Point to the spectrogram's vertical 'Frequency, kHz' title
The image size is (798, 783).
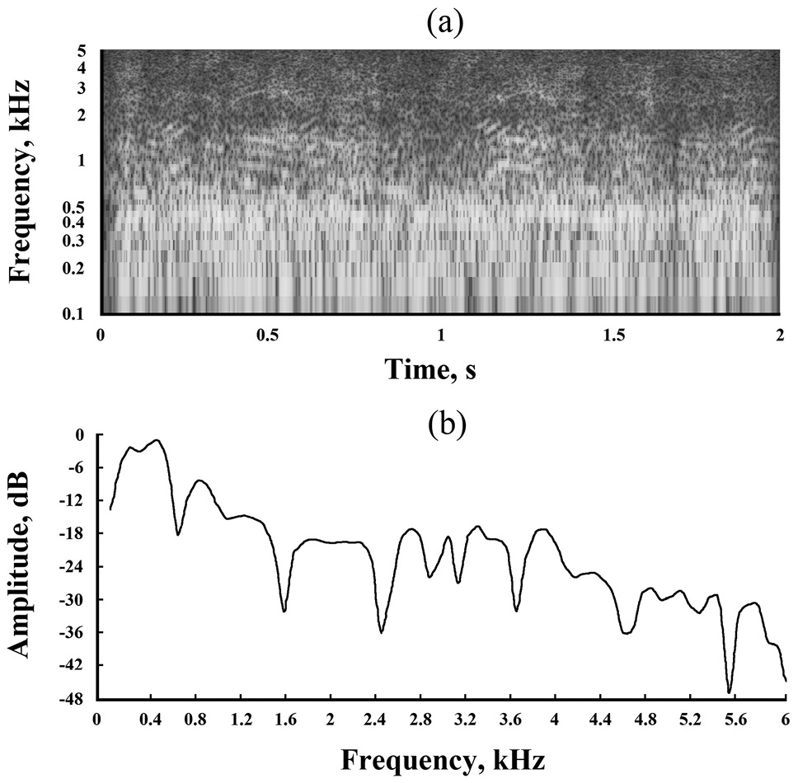click(x=24, y=181)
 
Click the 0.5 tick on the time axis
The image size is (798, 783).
click(x=269, y=336)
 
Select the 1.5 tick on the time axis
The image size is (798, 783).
click(x=609, y=336)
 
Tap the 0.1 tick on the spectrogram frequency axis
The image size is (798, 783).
click(x=77, y=312)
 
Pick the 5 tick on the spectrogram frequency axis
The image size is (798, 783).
click(x=82, y=51)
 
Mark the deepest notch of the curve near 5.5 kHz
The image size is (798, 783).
click(x=730, y=692)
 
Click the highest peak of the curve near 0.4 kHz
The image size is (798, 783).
click(x=157, y=440)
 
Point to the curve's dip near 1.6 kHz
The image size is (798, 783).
click(x=284, y=611)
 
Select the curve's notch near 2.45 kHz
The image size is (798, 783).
click(x=381, y=632)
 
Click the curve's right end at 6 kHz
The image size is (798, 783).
click(x=786, y=681)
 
